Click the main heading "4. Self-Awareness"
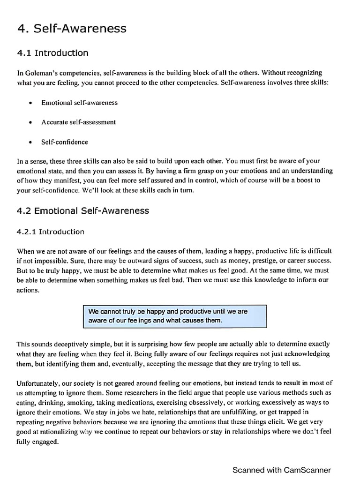[x=72, y=29]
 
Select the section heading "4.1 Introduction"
[x=52, y=53]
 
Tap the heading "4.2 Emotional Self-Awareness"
[x=83, y=210]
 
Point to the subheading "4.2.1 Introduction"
[x=51, y=232]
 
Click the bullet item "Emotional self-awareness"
[x=79, y=103]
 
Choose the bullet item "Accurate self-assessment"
[x=78, y=122]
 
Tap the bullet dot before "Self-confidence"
[x=30, y=142]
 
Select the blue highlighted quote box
[x=174, y=316]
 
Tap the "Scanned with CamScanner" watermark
[x=282, y=470]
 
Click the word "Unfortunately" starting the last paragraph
[x=37, y=383]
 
